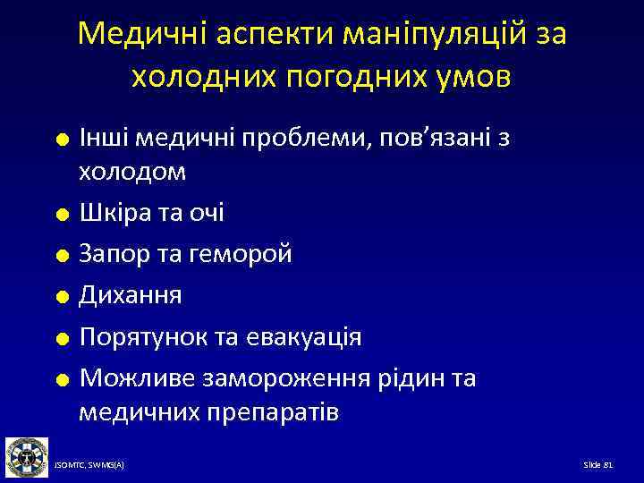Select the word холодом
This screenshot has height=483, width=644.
point(132,172)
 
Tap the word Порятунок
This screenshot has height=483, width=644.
point(147,337)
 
